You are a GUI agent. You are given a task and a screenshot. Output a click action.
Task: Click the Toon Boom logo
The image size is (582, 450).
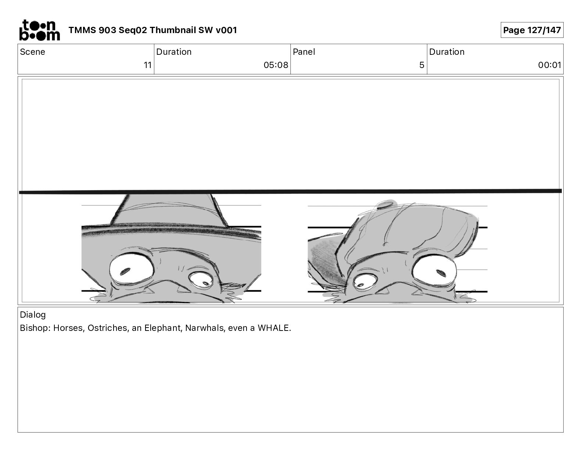tap(40, 30)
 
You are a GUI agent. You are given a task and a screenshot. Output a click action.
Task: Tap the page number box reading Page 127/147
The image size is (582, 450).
tap(532, 30)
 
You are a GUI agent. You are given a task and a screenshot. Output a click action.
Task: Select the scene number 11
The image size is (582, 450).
tap(148, 65)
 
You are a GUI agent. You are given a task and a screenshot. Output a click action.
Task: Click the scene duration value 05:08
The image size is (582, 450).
tap(276, 65)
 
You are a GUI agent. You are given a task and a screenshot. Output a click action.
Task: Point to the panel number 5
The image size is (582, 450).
tap(422, 65)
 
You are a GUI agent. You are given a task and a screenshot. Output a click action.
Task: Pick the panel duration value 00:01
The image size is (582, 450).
tap(550, 65)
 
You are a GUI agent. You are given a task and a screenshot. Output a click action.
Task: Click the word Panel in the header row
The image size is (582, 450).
tap(304, 52)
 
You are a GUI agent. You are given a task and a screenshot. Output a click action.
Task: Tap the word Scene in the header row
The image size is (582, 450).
tap(32, 52)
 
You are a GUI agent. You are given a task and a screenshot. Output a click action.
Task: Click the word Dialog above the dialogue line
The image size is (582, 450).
tap(33, 315)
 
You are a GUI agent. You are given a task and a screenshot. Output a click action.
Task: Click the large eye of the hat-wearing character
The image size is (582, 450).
tap(132, 268)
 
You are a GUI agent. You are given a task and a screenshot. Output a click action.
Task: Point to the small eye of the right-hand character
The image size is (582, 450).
tap(365, 282)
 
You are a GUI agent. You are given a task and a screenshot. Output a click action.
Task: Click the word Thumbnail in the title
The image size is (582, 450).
tap(172, 30)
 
